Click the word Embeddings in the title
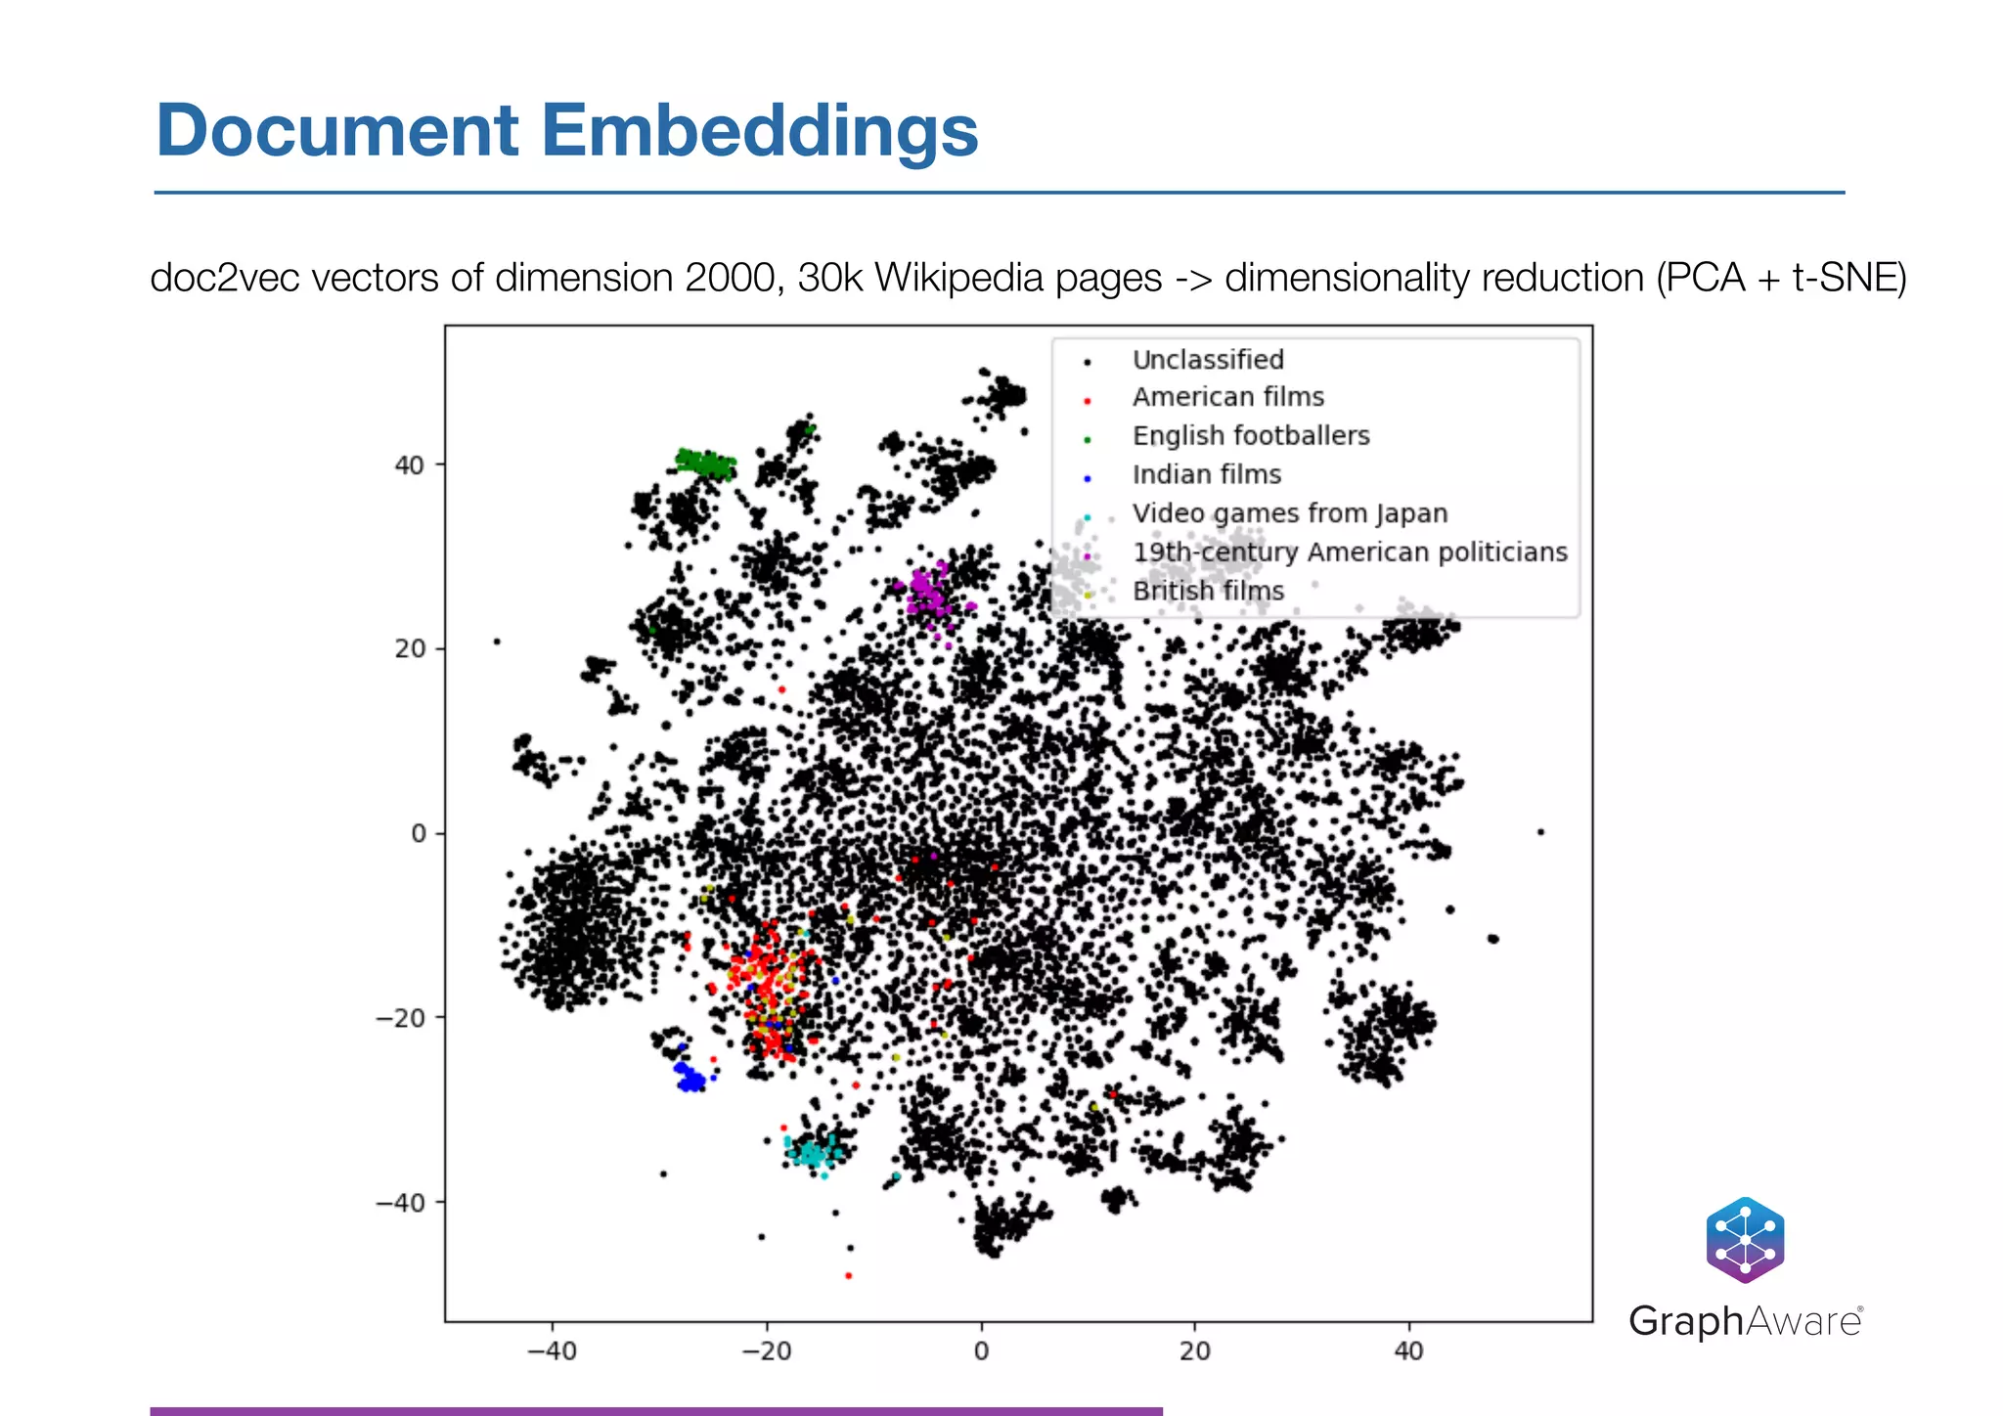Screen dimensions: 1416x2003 pyautogui.click(x=759, y=132)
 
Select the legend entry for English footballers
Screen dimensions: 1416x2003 pyautogui.click(x=1250, y=436)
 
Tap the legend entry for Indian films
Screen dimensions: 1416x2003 pyautogui.click(x=1206, y=475)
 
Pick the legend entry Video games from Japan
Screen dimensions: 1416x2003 pyautogui.click(x=1289, y=513)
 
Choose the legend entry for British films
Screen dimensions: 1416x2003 pyautogui.click(x=1207, y=592)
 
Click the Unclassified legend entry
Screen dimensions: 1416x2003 pyautogui.click(x=1207, y=360)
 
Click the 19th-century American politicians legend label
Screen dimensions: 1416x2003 pyautogui.click(x=1349, y=553)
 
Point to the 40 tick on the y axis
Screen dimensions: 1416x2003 pyautogui.click(x=409, y=465)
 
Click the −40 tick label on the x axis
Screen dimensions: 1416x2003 pyautogui.click(x=552, y=1351)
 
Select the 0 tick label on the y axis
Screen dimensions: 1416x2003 pyautogui.click(x=419, y=834)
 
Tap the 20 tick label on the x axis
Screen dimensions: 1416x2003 pyautogui.click(x=1194, y=1351)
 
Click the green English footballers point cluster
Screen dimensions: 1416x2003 pyautogui.click(x=705, y=464)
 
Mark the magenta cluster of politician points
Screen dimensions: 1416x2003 pyautogui.click(x=927, y=592)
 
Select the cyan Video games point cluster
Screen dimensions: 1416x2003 pyautogui.click(x=813, y=1154)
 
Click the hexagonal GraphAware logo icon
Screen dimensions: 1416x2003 pyautogui.click(x=1745, y=1240)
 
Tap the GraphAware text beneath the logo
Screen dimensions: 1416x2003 pyautogui.click(x=1745, y=1321)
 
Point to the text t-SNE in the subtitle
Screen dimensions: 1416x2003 pyautogui.click(x=1842, y=279)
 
